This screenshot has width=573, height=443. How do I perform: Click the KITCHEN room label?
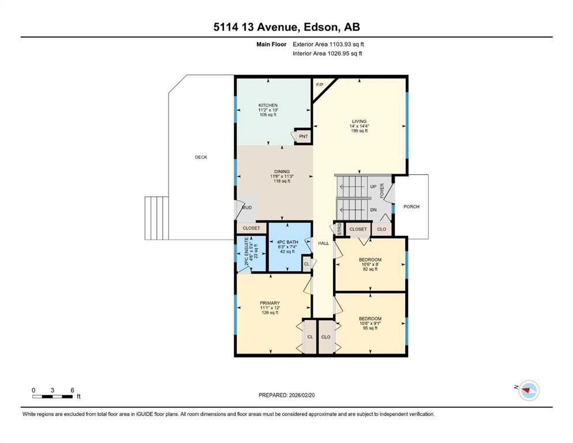coord(268,105)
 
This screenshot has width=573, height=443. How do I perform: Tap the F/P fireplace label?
coord(319,85)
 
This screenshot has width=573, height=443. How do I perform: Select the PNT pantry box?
coord(303,136)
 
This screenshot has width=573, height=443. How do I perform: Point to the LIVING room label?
coord(359,121)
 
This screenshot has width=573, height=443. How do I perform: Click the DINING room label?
coord(282,171)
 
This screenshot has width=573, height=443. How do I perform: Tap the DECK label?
coord(201,157)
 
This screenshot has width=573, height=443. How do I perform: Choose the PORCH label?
coord(411,207)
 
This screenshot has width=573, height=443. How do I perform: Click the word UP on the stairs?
coord(373,187)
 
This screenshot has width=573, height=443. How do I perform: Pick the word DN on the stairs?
coord(373,210)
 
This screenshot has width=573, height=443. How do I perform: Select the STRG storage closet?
coord(339,229)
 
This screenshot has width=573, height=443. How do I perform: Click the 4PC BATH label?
coord(287,242)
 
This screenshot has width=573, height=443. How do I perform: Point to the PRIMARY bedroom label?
coord(269,303)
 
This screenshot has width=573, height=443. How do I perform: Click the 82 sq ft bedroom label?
coord(370,260)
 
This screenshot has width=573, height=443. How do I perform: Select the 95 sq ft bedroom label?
coord(370,318)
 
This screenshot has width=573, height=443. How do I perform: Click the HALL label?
coord(323,243)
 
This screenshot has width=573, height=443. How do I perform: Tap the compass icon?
coord(529,391)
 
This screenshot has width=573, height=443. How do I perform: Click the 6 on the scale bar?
coord(72,390)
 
